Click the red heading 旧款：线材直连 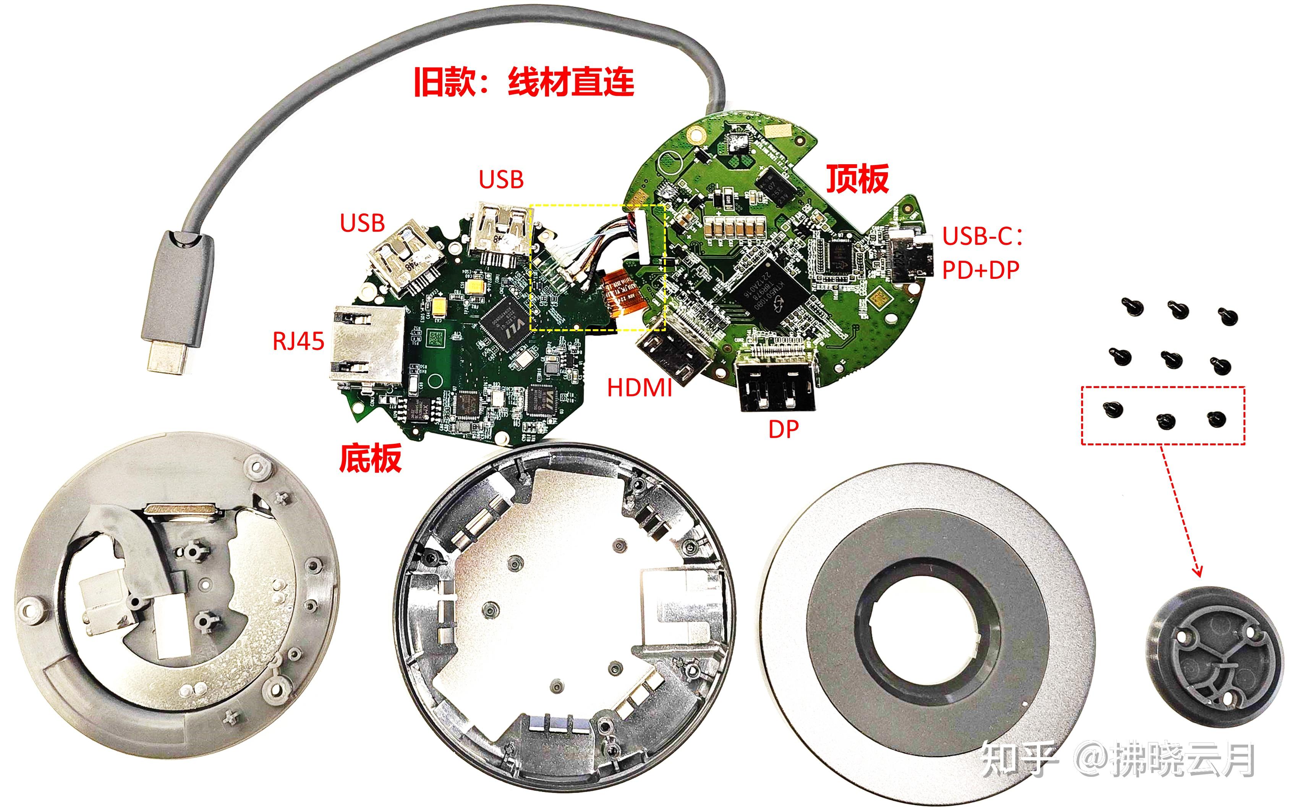point(524,82)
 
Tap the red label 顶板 point(857,179)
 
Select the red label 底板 point(370,459)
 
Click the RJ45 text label point(298,341)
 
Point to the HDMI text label point(639,388)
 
